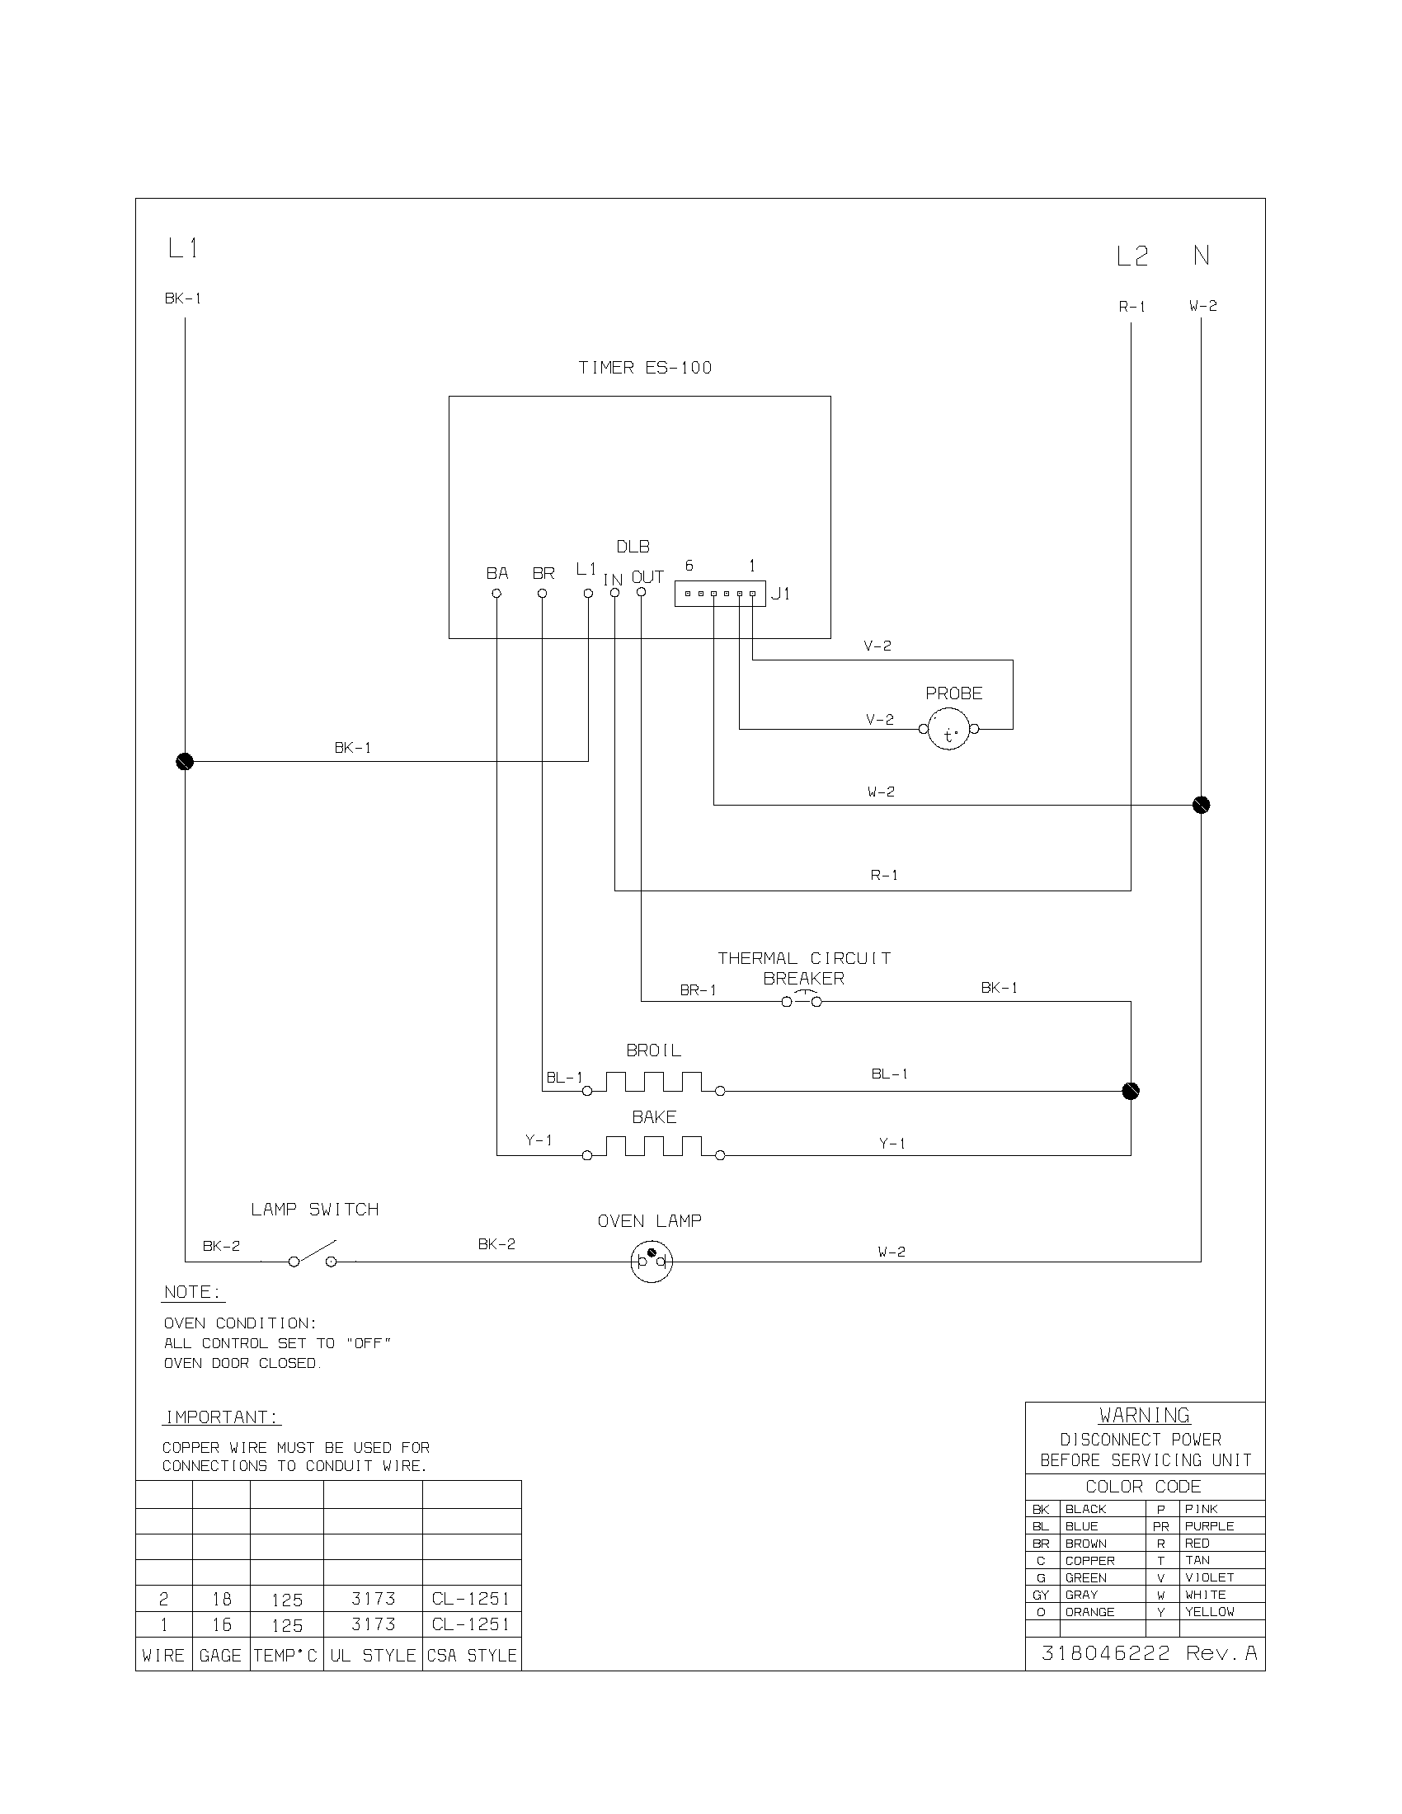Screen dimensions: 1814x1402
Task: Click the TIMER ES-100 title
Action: pos(645,368)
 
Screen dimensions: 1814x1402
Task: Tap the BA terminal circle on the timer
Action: pos(496,593)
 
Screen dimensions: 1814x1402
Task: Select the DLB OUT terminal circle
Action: pos(641,592)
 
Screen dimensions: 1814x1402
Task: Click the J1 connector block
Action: pos(719,594)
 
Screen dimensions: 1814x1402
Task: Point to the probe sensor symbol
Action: pos(948,730)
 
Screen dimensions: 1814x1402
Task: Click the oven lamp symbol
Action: pos(652,1262)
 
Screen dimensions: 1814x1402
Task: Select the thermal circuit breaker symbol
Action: pos(802,1001)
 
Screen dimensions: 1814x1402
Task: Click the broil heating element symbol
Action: pos(654,1083)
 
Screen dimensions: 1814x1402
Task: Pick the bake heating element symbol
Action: pos(654,1148)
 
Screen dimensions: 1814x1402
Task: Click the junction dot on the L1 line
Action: pos(185,761)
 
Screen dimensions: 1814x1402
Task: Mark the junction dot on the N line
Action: pos(1201,805)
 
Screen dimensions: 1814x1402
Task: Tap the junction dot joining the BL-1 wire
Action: pos(1131,1091)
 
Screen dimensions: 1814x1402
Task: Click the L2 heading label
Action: pos(1131,256)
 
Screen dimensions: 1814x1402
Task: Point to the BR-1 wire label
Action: pos(698,990)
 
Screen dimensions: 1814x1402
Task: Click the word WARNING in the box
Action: pos(1145,1415)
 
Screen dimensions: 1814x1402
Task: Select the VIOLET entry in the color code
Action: pos(1208,1577)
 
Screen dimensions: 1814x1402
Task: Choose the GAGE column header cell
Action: pos(220,1656)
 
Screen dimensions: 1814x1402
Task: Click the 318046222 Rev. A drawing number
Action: pos(1149,1653)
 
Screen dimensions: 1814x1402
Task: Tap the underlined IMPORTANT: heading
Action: pos(222,1417)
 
